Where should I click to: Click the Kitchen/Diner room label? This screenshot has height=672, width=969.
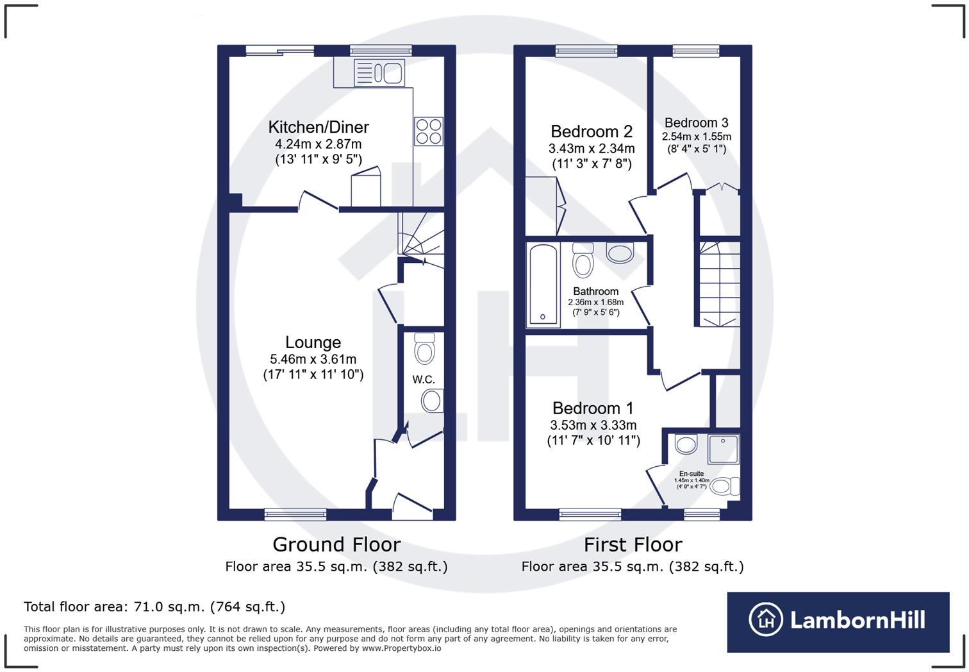tap(319, 127)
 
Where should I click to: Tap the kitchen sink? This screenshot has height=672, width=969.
tap(379, 72)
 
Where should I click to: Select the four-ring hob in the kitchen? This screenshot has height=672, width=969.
tap(428, 131)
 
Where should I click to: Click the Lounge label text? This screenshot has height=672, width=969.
tap(313, 342)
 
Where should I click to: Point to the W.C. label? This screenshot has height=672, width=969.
tap(424, 380)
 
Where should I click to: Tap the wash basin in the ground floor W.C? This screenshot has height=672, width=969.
tap(432, 401)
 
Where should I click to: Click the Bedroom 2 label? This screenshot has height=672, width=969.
tap(592, 131)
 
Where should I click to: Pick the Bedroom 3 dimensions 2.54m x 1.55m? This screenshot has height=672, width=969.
tap(697, 137)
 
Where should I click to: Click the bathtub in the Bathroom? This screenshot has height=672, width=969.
tap(543, 285)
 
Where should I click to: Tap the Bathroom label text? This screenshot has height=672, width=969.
tap(595, 291)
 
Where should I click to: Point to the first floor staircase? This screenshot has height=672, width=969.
tap(719, 284)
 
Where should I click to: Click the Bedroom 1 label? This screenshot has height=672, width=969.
tap(593, 408)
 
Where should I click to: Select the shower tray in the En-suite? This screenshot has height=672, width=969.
tap(724, 449)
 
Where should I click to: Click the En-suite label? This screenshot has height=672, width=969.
tap(692, 474)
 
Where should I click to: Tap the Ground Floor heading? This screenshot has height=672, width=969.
tap(336, 544)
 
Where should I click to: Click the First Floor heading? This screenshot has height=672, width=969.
tap(633, 544)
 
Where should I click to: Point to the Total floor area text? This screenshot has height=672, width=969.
tap(154, 607)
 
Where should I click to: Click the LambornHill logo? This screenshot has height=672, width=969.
tap(838, 621)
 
